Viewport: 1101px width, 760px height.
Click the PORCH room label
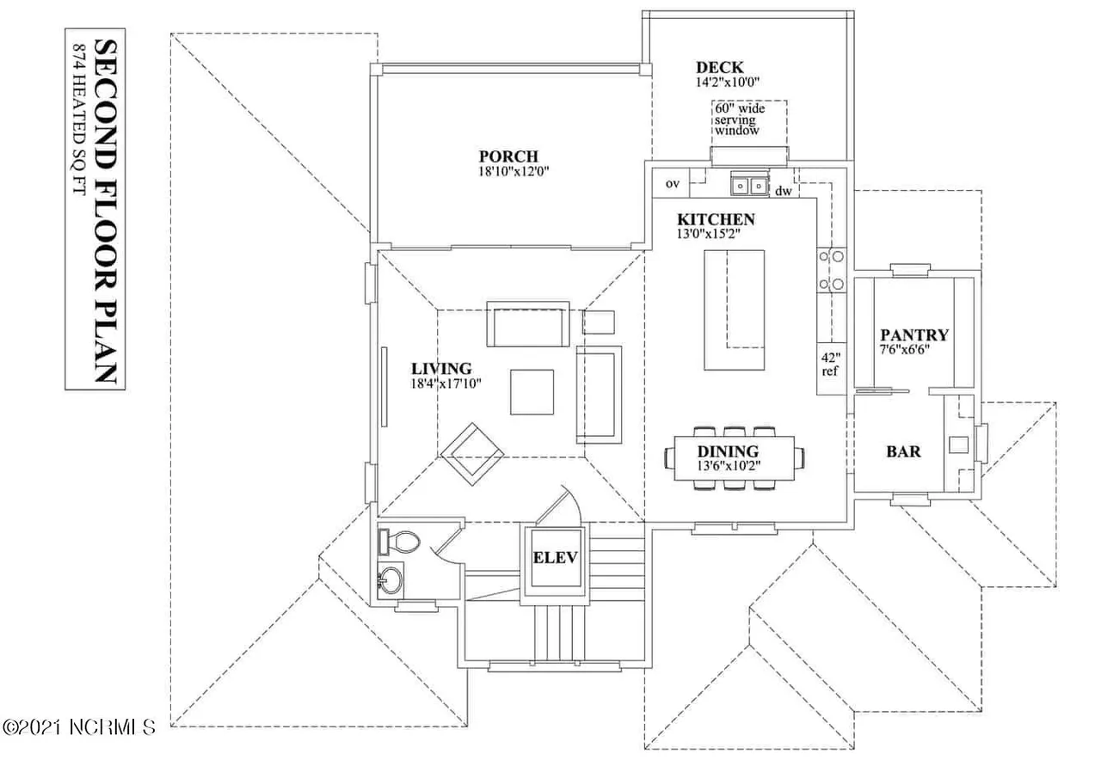coord(508,156)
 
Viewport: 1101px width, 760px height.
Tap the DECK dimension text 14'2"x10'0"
coord(728,82)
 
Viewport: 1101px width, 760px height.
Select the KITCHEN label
coord(716,219)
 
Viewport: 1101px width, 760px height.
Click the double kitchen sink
coord(749,185)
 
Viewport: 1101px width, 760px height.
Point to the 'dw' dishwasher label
coord(784,191)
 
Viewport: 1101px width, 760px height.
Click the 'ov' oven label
coord(673,184)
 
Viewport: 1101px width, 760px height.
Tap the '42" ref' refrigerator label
coord(831,364)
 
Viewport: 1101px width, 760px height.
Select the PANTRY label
coord(914,335)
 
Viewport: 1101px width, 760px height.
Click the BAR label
coord(903,451)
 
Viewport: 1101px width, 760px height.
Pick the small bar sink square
coord(958,445)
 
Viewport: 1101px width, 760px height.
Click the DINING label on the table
coord(728,451)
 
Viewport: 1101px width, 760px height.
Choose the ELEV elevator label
coord(555,558)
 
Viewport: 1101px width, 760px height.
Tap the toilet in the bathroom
coord(400,542)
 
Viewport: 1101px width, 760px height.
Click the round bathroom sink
coord(391,580)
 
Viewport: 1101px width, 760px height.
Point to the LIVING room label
coord(441,369)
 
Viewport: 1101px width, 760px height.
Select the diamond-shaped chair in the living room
coord(472,455)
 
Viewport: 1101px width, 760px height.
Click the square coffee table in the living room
coord(532,392)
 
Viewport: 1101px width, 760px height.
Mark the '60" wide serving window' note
coord(739,120)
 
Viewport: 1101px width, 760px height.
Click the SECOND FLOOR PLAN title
coord(105,211)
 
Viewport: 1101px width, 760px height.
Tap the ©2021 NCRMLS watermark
coord(79,726)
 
